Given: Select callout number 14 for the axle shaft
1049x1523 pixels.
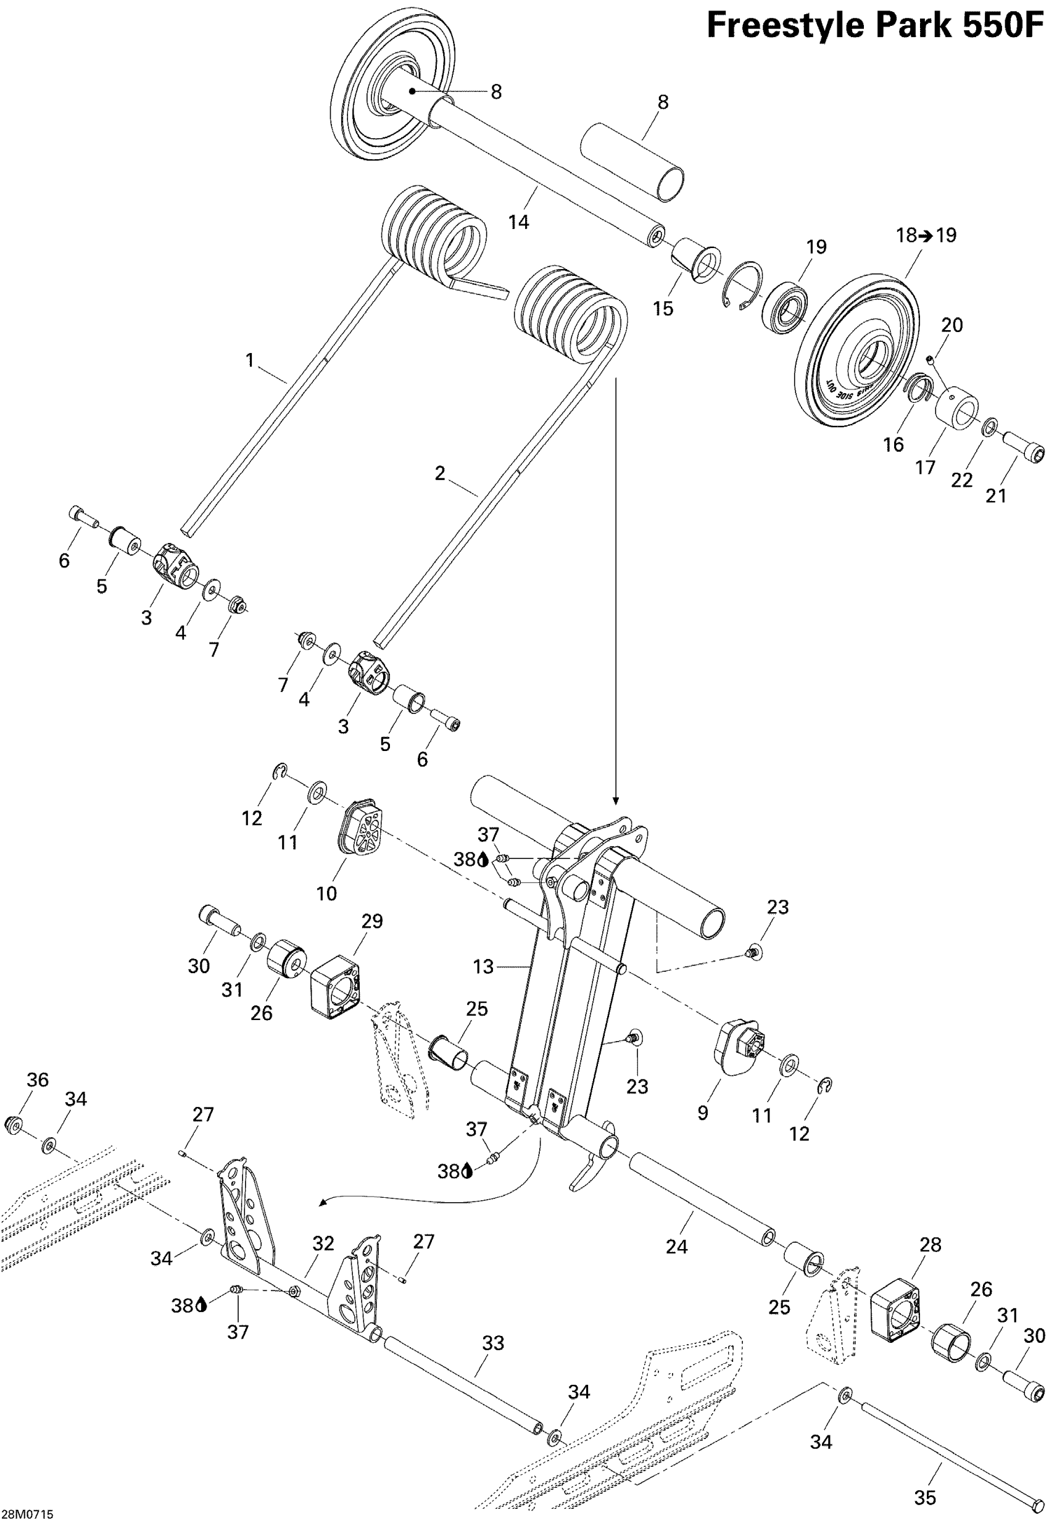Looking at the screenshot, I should [518, 222].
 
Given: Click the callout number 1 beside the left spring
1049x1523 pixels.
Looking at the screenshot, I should [250, 360].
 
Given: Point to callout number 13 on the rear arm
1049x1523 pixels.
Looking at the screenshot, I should [483, 967].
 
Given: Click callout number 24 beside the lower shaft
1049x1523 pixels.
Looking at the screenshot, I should [676, 1247].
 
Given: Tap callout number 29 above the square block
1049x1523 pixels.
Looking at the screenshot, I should [372, 921].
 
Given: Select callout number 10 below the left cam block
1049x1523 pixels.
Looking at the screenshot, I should [326, 894].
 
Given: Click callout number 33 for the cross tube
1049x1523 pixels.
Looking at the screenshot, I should [493, 1343].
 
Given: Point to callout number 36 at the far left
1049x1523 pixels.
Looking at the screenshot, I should [38, 1079].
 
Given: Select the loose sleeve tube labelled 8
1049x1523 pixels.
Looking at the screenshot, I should [631, 161].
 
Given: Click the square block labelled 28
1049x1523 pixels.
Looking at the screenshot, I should [898, 1305].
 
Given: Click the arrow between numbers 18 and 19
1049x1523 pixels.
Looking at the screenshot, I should [926, 235].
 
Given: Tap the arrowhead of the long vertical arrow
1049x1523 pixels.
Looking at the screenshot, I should [615, 800].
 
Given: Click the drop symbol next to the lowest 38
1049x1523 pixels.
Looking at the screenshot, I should [201, 1305].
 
